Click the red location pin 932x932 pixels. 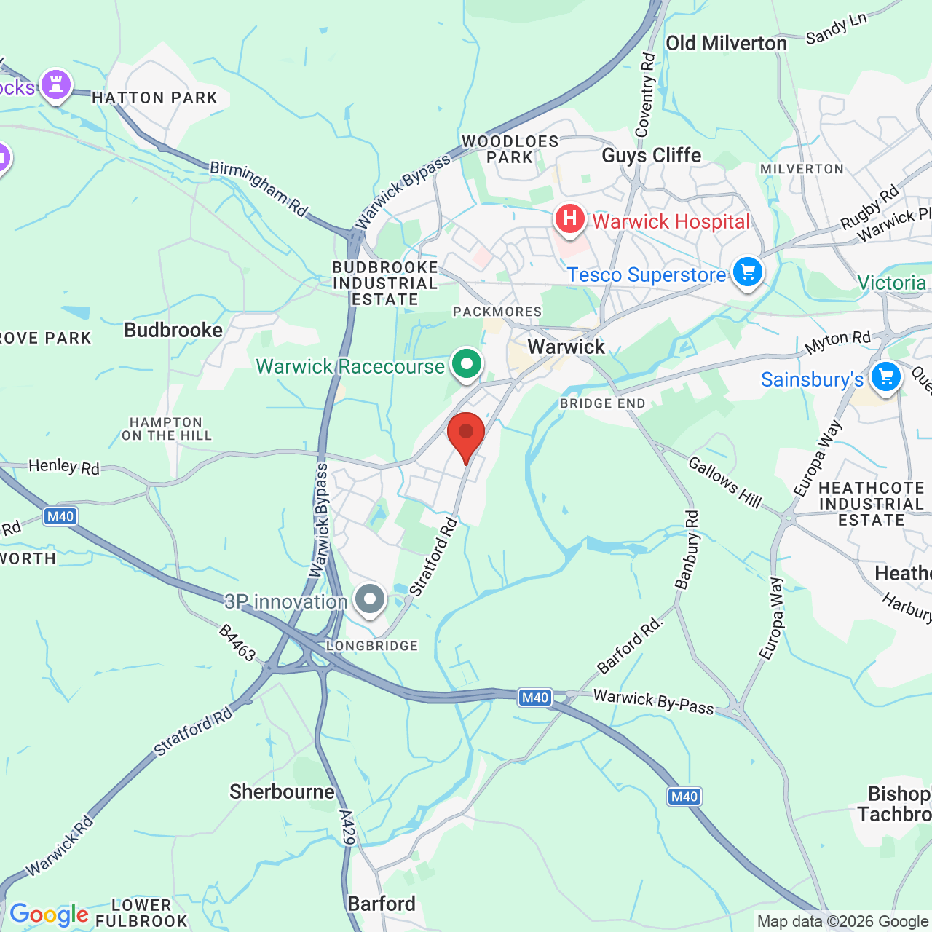pos(466,435)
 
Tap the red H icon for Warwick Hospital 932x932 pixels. pos(569,218)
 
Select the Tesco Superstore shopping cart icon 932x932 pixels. pos(747,272)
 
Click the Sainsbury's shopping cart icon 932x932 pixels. pos(885,377)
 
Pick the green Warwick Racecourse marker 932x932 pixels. pos(467,363)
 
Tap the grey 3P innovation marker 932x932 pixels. pos(370,599)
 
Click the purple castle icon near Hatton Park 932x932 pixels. pos(56,84)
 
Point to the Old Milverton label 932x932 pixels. pos(726,44)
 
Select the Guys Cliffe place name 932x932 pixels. pos(651,156)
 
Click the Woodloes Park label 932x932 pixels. pos(510,149)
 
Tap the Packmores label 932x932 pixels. pos(497,312)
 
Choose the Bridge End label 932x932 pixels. pos(602,403)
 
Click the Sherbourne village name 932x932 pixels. pos(282,791)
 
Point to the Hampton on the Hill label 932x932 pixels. pos(166,429)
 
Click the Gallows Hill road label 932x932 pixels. pos(724,482)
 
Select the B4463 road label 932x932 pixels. pos(237,643)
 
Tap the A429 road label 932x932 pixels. pos(347,827)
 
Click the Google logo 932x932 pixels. pos(49,914)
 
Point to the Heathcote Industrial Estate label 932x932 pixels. pos(871,504)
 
